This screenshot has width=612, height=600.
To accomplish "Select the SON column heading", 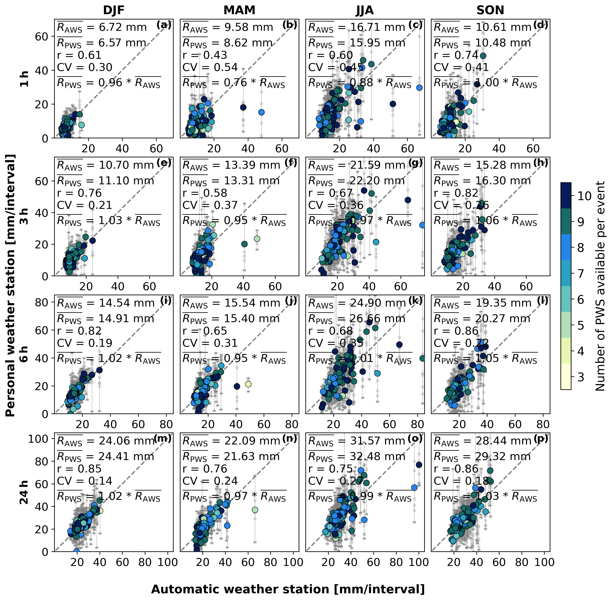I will click(x=490, y=10).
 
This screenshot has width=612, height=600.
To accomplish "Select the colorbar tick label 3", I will click(x=581, y=377).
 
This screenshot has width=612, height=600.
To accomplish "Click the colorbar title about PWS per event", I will click(x=600, y=286).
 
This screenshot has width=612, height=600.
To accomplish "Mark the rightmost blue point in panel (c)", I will click(x=419, y=88).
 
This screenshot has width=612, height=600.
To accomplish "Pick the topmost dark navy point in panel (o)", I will click(x=419, y=465).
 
